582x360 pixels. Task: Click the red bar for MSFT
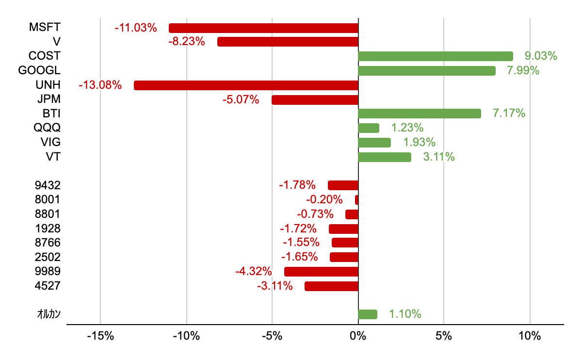click(263, 28)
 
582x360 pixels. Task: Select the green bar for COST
click(435, 56)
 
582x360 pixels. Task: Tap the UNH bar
click(246, 85)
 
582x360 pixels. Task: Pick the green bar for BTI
click(419, 114)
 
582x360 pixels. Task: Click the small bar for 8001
click(356, 200)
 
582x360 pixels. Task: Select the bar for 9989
click(321, 272)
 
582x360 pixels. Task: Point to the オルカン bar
click(367, 314)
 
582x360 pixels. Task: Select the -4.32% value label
click(253, 271)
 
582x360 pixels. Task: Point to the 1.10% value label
click(404, 314)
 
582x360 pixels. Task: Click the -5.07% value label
click(241, 100)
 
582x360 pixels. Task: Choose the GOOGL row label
click(39, 71)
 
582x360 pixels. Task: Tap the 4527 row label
click(48, 286)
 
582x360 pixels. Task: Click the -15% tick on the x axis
click(100, 336)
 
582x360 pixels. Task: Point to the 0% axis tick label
click(358, 336)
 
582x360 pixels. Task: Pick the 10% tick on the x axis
click(530, 336)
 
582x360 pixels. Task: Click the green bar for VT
click(384, 157)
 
